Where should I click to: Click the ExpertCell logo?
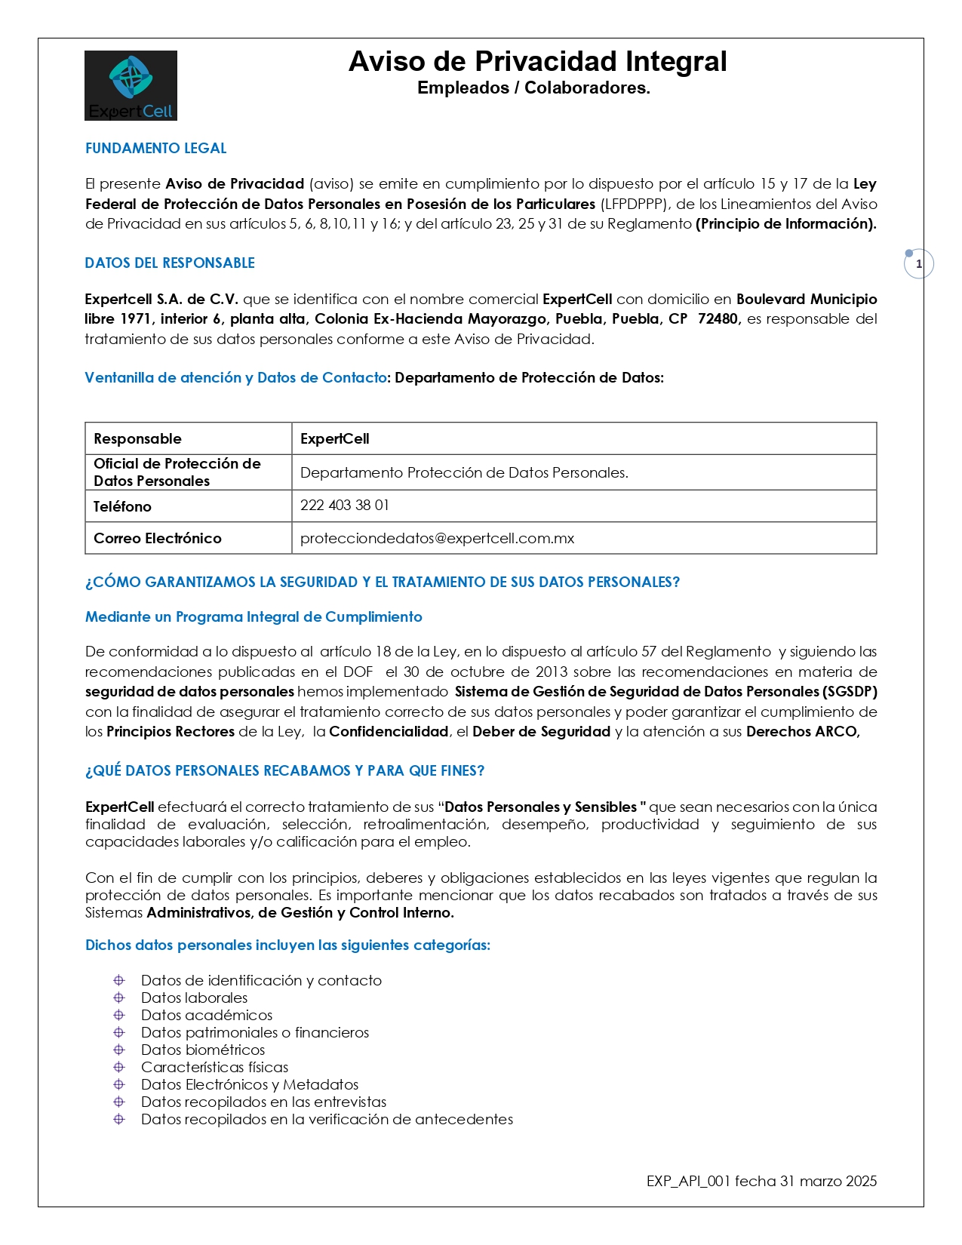(x=131, y=85)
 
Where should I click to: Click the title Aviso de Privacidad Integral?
(x=537, y=62)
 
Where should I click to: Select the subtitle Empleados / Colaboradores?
(x=533, y=88)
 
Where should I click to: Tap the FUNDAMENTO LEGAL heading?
(x=155, y=149)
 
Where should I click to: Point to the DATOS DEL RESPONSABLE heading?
(x=170, y=263)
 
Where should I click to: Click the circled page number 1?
(x=918, y=264)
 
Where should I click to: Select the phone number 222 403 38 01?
(x=345, y=506)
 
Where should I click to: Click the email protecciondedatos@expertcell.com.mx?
(x=437, y=539)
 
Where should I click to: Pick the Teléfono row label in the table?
(x=122, y=507)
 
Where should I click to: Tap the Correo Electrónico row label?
(x=158, y=539)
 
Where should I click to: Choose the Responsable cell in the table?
(x=137, y=439)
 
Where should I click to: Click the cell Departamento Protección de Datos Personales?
(x=464, y=473)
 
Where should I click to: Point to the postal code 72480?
(x=718, y=319)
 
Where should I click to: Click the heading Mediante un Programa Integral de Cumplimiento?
(x=254, y=617)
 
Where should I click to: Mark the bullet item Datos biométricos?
(x=203, y=1050)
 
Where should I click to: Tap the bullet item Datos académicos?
(x=207, y=1016)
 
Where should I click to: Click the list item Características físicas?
(x=214, y=1068)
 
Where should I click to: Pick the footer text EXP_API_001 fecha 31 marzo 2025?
(x=761, y=1182)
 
